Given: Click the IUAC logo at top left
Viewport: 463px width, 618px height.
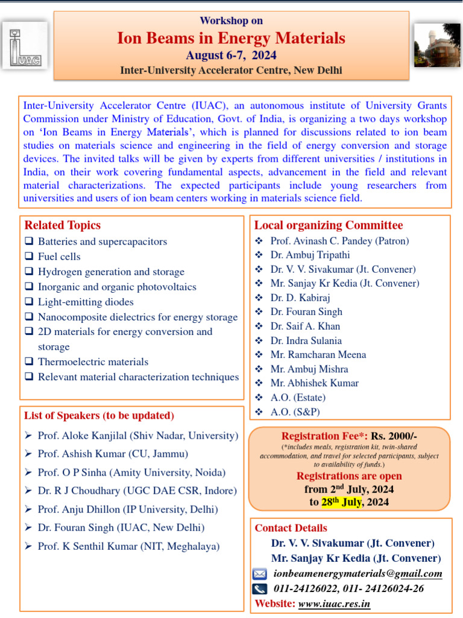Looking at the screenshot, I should pyautogui.click(x=24, y=45).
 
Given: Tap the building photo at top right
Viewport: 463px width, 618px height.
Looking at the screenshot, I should pyautogui.click(x=437, y=45).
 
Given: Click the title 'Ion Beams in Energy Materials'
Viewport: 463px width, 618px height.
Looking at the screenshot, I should pyautogui.click(x=231, y=39).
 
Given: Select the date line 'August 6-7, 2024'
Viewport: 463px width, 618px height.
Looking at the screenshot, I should pyautogui.click(x=231, y=56).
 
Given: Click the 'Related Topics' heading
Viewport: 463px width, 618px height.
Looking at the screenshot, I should pyautogui.click(x=62, y=226).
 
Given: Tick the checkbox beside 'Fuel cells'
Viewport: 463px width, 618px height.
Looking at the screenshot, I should pyautogui.click(x=29, y=256).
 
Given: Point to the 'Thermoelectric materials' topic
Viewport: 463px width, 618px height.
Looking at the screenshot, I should pyautogui.click(x=93, y=362).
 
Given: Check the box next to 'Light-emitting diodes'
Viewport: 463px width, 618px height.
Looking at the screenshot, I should pyautogui.click(x=29, y=302).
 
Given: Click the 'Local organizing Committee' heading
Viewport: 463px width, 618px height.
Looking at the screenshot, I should pyautogui.click(x=329, y=226).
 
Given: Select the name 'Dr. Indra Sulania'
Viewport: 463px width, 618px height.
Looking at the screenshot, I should pyautogui.click(x=306, y=341).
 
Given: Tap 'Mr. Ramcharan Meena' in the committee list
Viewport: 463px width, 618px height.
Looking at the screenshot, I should pyautogui.click(x=318, y=355).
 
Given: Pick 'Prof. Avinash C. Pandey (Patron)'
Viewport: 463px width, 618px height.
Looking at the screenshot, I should pyautogui.click(x=339, y=241).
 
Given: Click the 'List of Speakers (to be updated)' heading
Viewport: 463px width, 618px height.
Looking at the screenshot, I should pyautogui.click(x=99, y=416).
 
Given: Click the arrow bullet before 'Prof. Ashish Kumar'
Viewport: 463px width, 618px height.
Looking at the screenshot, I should pyautogui.click(x=28, y=454).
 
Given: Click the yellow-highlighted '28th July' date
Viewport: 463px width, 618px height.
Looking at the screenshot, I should pyautogui.click(x=341, y=502).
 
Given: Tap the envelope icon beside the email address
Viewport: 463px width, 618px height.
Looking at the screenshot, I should pyautogui.click(x=260, y=574).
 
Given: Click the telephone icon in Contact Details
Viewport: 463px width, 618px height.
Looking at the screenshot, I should pyautogui.click(x=260, y=589).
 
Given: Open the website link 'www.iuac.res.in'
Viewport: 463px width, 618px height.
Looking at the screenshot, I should pyautogui.click(x=334, y=604).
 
